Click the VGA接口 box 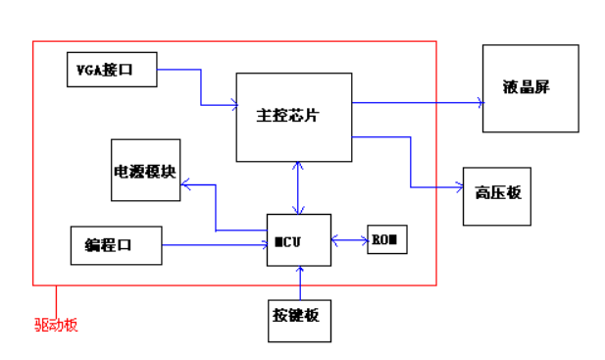[111, 70]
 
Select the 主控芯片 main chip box [293, 116]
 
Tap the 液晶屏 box [530, 88]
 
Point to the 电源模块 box [145, 170]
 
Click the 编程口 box [116, 245]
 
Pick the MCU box [299, 240]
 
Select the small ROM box [386, 239]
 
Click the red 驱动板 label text [56, 325]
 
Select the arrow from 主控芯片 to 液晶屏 [417, 101]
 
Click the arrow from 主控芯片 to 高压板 [411, 162]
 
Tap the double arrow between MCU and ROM [349, 238]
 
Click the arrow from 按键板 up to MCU [300, 283]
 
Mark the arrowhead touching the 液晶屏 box [479, 101]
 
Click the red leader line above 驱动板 [56, 299]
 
